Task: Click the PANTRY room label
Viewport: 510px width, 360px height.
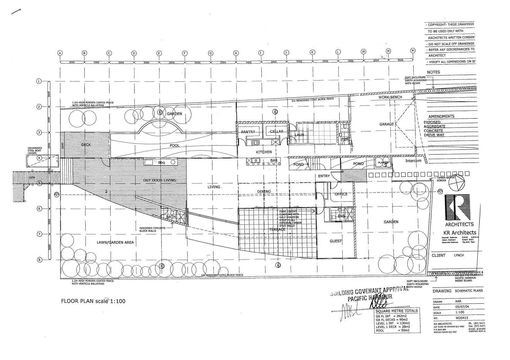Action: pyautogui.click(x=248, y=132)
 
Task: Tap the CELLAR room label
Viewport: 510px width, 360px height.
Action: pyautogui.click(x=276, y=132)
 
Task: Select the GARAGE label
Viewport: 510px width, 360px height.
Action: pyautogui.click(x=386, y=124)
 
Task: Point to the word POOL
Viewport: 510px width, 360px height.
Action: pyautogui.click(x=175, y=146)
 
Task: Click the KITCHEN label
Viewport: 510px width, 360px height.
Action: pyautogui.click(x=264, y=152)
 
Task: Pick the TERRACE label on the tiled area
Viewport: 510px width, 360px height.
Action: pyautogui.click(x=277, y=229)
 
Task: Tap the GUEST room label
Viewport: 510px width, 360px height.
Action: pyautogui.click(x=335, y=241)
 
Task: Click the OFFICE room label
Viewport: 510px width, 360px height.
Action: pyautogui.click(x=341, y=194)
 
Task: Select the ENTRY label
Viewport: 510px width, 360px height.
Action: pyautogui.click(x=324, y=176)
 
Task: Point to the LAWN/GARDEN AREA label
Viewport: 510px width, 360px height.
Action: pyautogui.click(x=115, y=242)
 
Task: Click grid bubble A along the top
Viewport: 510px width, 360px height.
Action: pyautogui.click(x=60, y=53)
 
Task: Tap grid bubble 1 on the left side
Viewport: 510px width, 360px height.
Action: pyautogui.click(x=39, y=81)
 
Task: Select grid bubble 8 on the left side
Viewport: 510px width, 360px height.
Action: pyautogui.click(x=39, y=260)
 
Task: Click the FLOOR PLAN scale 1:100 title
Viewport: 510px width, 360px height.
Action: pyautogui.click(x=93, y=301)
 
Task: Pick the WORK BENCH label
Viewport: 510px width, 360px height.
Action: pyautogui.click(x=390, y=97)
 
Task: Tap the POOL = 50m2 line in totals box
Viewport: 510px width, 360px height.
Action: pyautogui.click(x=393, y=331)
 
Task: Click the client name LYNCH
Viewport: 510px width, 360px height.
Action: pyautogui.click(x=459, y=255)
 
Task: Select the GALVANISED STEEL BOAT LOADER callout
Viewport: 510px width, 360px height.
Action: pyautogui.click(x=35, y=150)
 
